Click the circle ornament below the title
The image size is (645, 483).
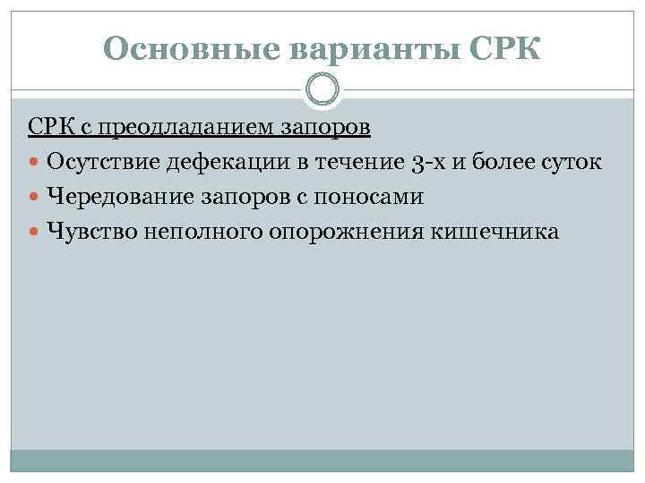[x=322, y=89]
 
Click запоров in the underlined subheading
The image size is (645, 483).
[x=325, y=128]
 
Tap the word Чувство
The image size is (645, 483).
[x=88, y=231]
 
